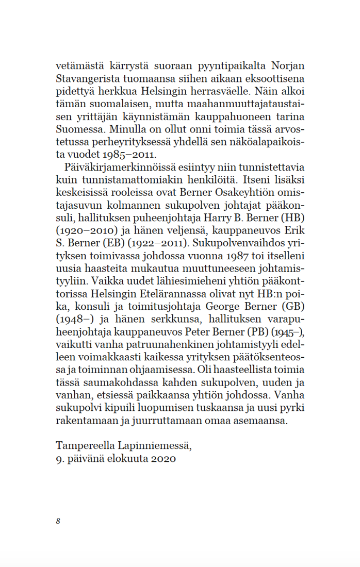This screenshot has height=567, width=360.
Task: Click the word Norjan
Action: pos(286,66)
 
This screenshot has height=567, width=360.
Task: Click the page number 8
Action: pos(58,521)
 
